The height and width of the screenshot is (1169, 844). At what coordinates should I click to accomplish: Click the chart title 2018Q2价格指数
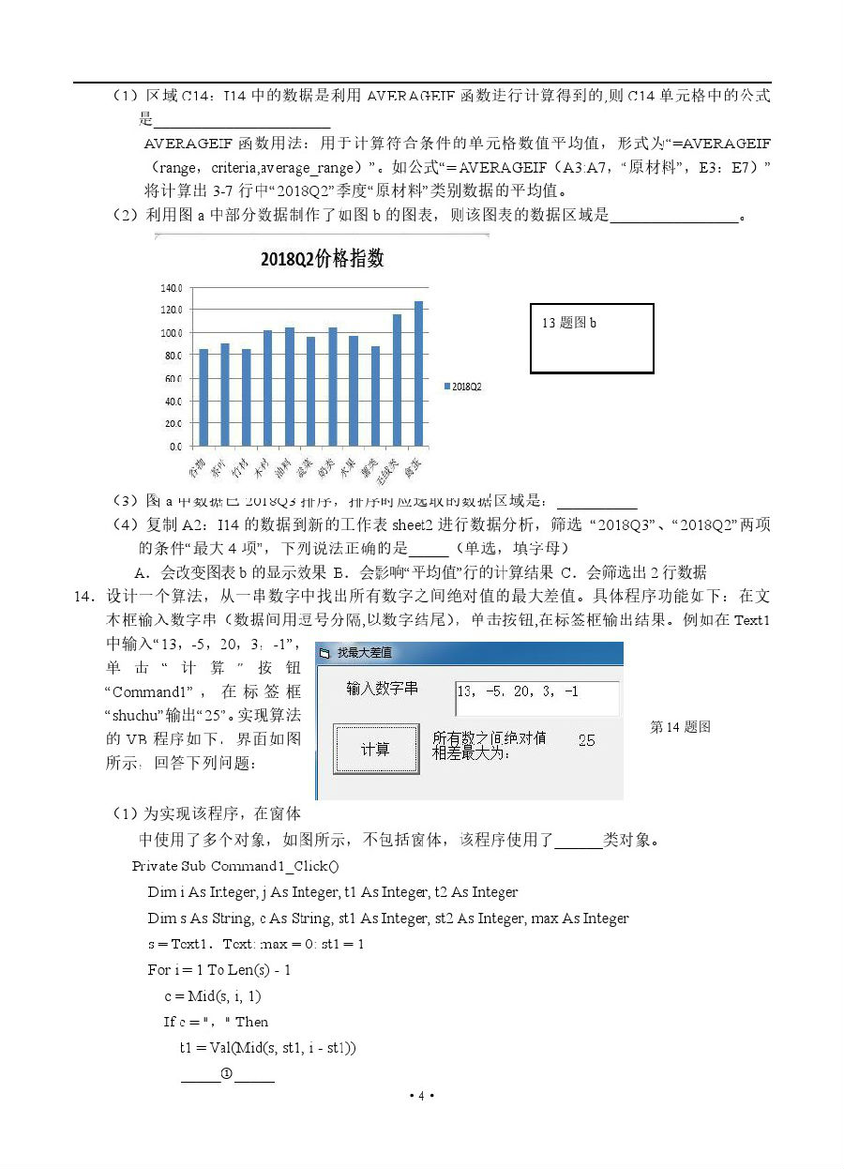pyautogui.click(x=322, y=260)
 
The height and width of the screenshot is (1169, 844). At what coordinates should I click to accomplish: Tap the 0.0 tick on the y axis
pyautogui.click(x=175, y=447)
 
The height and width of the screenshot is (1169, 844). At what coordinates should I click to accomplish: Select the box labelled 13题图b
pyautogui.click(x=592, y=338)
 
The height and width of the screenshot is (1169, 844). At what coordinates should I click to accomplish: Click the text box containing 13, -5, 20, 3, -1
pyautogui.click(x=536, y=697)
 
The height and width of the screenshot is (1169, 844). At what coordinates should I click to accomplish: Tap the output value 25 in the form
pyautogui.click(x=586, y=740)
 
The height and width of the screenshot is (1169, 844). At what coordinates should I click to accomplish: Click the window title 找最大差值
pyautogui.click(x=365, y=652)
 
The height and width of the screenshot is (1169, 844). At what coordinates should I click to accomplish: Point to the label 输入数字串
pyautogui.click(x=382, y=689)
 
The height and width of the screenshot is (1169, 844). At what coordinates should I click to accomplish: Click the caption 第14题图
pyautogui.click(x=680, y=726)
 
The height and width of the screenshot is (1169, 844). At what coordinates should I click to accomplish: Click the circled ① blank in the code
pyautogui.click(x=227, y=1073)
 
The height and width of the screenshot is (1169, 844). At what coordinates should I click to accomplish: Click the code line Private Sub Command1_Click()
pyautogui.click(x=235, y=866)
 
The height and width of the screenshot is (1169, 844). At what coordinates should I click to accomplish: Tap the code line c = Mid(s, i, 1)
pyautogui.click(x=212, y=995)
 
